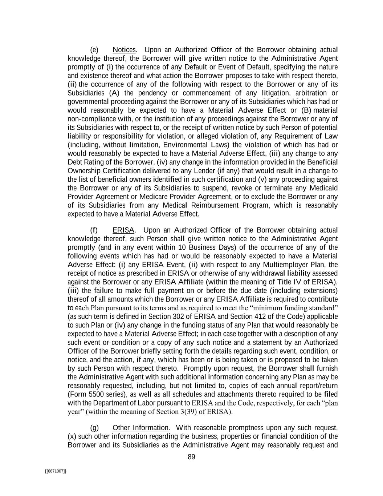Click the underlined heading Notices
click(124, 50)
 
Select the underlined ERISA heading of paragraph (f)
click(123, 230)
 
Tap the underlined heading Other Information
click(140, 428)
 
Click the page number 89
click(191, 457)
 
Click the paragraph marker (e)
click(94, 50)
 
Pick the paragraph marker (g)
click(94, 428)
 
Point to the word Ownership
click(83, 171)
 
